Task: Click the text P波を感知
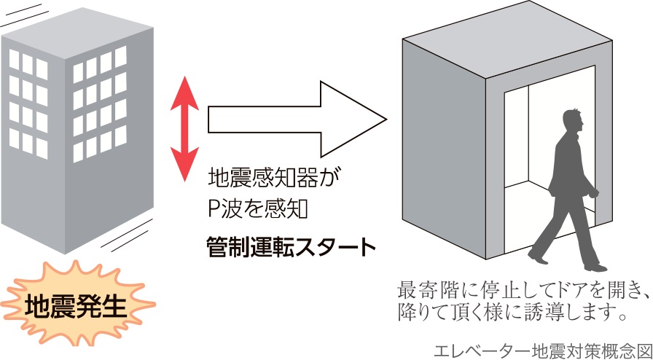click(259, 210)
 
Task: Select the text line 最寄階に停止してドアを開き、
click(523, 291)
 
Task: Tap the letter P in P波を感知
click(214, 211)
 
